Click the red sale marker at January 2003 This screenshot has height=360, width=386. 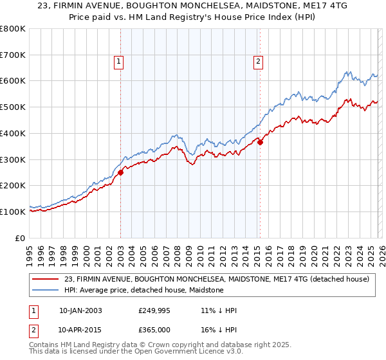pyautogui.click(x=120, y=172)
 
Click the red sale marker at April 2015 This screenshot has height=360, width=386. pyautogui.click(x=260, y=142)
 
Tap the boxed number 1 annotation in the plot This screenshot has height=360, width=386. pyautogui.click(x=120, y=62)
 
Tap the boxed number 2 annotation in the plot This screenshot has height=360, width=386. pyautogui.click(x=258, y=62)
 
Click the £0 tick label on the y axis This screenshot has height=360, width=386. pyautogui.click(x=20, y=238)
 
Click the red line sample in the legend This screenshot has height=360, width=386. pyautogui.click(x=46, y=279)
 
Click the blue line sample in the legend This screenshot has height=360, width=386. pyautogui.click(x=46, y=291)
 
